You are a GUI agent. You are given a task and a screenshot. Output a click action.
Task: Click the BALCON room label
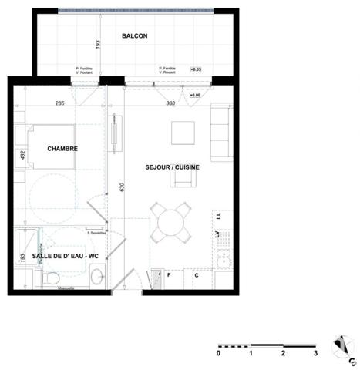click(x=134, y=36)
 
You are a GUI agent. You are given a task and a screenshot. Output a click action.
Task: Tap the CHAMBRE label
click(x=62, y=149)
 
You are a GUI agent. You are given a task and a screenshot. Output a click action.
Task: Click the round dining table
click(x=171, y=223)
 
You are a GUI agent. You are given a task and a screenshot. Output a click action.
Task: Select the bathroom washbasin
click(x=96, y=276)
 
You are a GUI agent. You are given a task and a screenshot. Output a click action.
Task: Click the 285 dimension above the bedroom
click(x=59, y=103)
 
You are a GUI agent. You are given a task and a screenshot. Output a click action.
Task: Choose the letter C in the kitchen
click(x=197, y=274)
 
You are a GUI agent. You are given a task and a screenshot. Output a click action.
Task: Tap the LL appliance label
click(x=218, y=217)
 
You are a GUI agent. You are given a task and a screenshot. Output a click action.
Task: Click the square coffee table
click(x=183, y=133)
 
